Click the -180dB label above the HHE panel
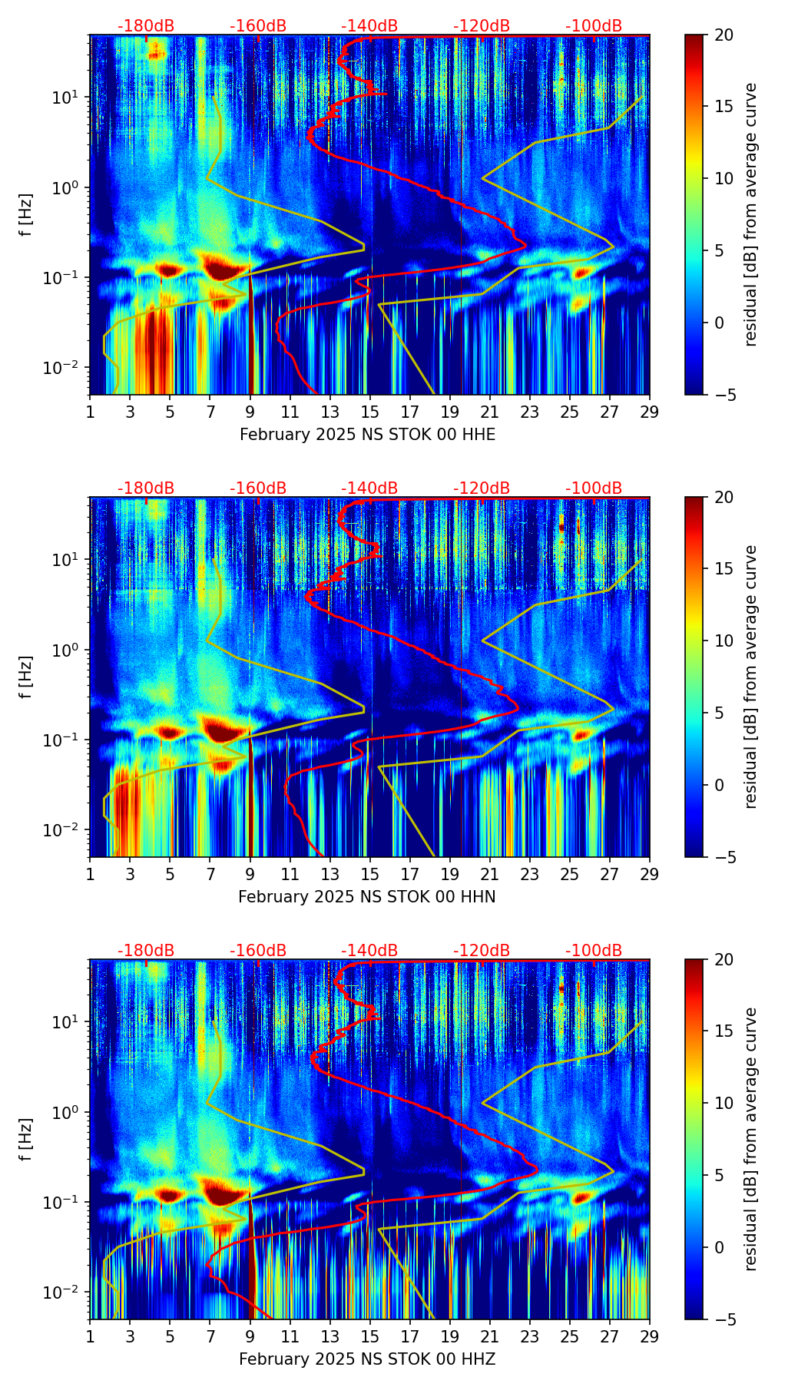[146, 26]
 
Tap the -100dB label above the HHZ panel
[594, 951]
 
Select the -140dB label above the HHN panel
[369, 488]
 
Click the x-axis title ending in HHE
[367, 435]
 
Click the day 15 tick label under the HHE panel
[369, 412]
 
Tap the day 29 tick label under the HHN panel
[649, 874]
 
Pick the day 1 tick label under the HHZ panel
[90, 1336]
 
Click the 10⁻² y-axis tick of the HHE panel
[69, 368]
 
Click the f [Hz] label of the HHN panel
[26, 677]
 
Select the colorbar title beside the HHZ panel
[750, 1139]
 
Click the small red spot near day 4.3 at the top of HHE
[157, 54]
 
